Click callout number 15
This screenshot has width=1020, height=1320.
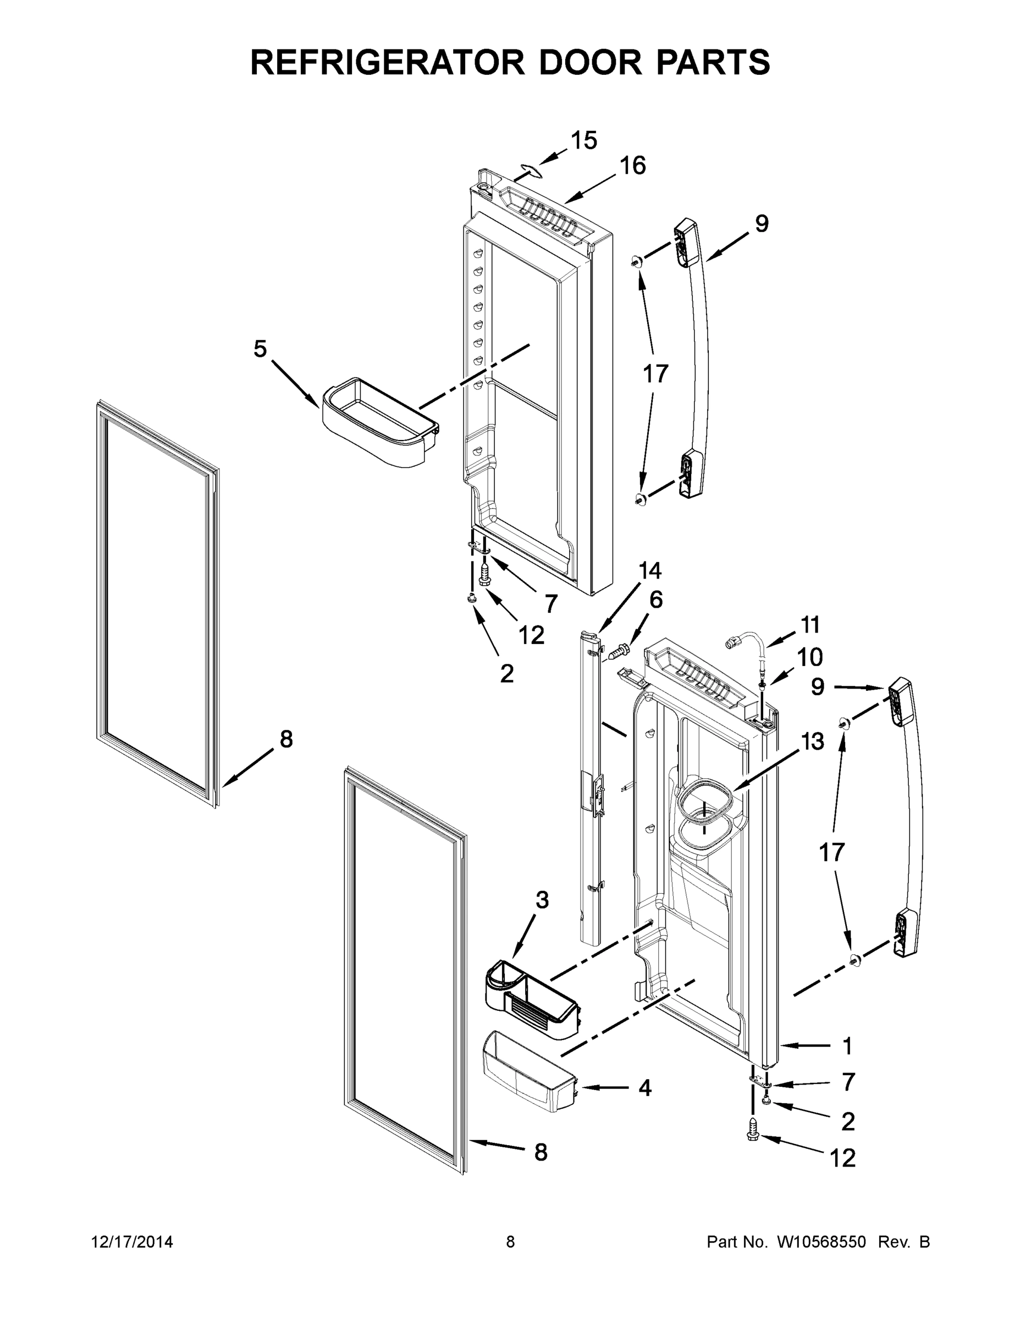[x=584, y=140]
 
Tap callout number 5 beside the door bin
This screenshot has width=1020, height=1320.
[x=260, y=349]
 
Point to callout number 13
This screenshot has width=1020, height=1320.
[x=813, y=741]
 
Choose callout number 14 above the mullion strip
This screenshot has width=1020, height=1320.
[x=649, y=570]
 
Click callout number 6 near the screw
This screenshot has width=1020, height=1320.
[x=655, y=599]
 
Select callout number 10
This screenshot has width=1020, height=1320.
[x=810, y=656]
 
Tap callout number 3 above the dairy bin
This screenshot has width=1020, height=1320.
[x=542, y=917]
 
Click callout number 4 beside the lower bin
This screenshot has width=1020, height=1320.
[x=645, y=1088]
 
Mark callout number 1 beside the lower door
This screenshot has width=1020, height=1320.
[x=847, y=1046]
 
